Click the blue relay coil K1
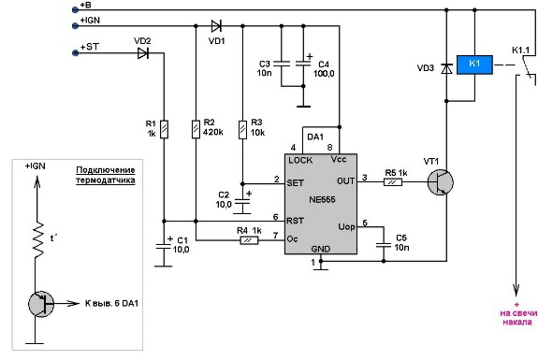tap(474, 65)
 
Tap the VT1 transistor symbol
tap(440, 182)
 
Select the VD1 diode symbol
tap(216, 26)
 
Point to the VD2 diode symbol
tap(143, 53)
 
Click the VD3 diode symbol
tap(446, 69)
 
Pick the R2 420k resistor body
tap(196, 129)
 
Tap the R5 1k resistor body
tap(393, 182)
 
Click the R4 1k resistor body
tap(249, 240)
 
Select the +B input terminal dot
tap(76, 10)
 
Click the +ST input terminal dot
tap(76, 53)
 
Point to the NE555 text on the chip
tap(322, 199)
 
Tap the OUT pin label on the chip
tap(346, 181)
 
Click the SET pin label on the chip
tap(296, 183)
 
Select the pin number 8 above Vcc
tap(329, 148)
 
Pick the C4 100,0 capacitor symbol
tap(303, 64)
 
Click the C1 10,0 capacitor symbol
tap(164, 246)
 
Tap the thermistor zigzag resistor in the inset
tap(39, 239)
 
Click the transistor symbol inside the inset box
tap(41, 304)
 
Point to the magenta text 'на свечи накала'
tap(517, 317)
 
